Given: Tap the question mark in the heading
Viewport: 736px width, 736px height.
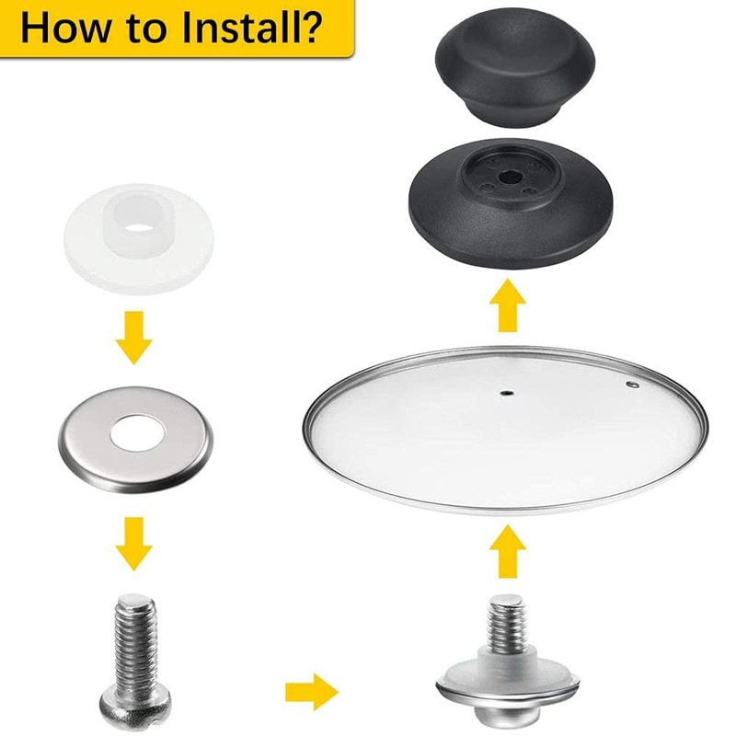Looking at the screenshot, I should pos(309,27).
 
